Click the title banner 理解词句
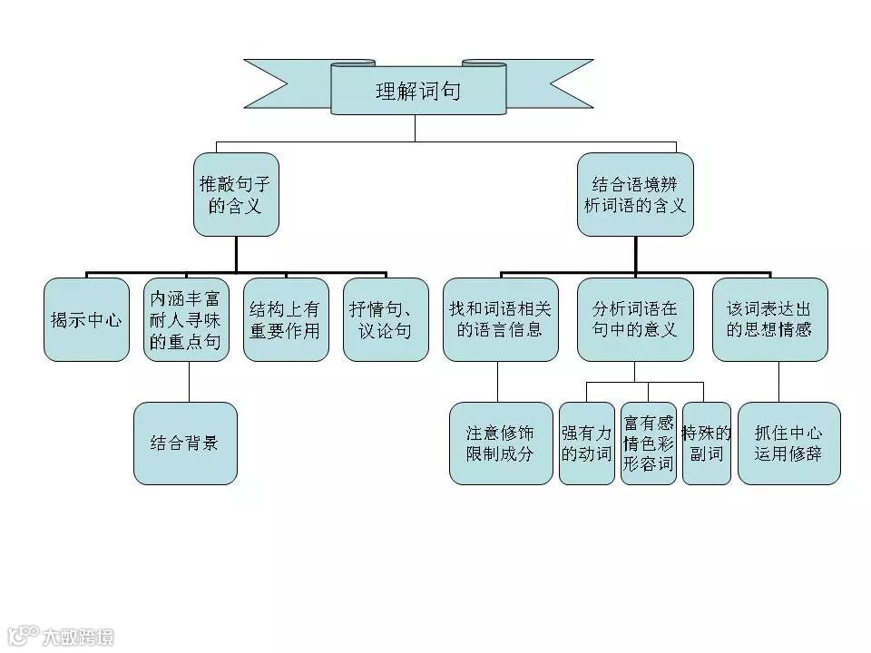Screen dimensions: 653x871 click(418, 90)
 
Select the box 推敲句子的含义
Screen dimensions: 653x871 click(236, 194)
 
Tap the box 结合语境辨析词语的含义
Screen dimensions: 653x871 click(635, 194)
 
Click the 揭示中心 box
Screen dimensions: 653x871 click(86, 319)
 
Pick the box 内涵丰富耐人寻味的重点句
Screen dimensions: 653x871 click(186, 319)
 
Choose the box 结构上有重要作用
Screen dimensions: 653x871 click(286, 319)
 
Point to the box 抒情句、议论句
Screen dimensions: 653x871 click(386, 319)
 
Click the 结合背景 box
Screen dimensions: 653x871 click(185, 443)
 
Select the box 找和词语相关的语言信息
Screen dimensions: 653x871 click(500, 319)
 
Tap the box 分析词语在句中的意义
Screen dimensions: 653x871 click(635, 319)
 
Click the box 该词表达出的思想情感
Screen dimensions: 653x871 click(769, 319)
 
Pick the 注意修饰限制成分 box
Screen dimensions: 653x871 click(501, 443)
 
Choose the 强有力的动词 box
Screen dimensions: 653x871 click(586, 443)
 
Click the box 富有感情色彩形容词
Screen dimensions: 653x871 click(648, 443)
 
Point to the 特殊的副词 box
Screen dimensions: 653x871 click(706, 443)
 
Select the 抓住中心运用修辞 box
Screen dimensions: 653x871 click(788, 443)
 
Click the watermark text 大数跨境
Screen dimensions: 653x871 click(79, 637)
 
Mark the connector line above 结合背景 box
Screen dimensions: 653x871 click(189, 382)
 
